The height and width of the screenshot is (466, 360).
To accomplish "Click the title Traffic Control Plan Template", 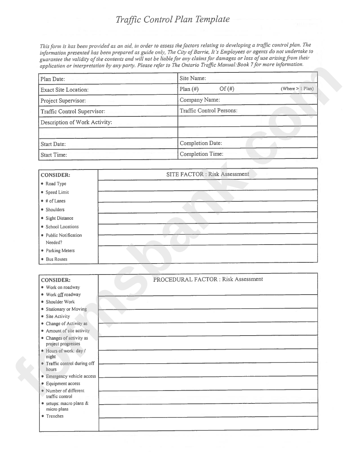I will [x=172, y=20].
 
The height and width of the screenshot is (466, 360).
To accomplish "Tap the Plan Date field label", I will [x=53, y=79].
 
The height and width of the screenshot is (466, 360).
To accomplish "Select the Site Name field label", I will [x=193, y=78].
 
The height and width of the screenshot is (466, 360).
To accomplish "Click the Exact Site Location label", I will [x=64, y=90].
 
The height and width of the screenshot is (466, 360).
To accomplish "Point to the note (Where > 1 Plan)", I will [x=297, y=89].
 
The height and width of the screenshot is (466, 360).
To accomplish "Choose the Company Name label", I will [x=200, y=100].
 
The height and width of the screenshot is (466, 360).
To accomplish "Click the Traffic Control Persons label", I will [x=208, y=111].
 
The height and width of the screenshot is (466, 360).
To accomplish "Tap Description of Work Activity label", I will [x=76, y=122].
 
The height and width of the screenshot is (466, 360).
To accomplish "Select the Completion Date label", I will [x=201, y=143].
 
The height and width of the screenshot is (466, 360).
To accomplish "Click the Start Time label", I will [x=54, y=155].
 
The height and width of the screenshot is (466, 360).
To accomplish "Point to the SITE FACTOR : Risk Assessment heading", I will [x=208, y=174].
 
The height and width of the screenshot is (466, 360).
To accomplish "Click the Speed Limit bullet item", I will [x=57, y=192].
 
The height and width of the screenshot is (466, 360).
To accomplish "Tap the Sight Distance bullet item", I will [x=59, y=218].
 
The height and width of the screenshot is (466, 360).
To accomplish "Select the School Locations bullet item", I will [x=62, y=227].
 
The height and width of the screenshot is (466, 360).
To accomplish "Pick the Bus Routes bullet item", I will [x=56, y=259].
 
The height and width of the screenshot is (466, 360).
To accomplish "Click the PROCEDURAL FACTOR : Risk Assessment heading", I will [x=208, y=279].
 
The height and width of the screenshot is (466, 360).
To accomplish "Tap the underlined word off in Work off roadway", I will [x=60, y=295].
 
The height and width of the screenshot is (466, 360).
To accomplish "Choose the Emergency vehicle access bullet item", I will [x=71, y=377].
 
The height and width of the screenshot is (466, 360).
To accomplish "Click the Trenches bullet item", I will [x=55, y=416].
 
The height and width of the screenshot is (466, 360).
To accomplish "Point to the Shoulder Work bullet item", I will [x=60, y=302].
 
